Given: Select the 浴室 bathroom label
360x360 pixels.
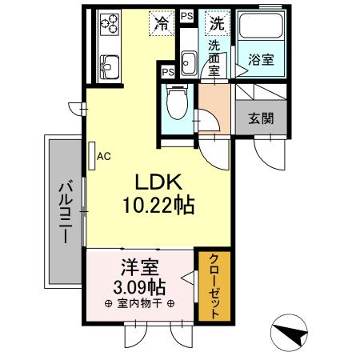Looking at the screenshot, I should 258,58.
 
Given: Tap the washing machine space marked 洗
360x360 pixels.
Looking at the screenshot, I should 217,23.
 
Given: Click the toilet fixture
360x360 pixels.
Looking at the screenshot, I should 175,102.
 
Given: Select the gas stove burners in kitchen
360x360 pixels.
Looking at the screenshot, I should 106,28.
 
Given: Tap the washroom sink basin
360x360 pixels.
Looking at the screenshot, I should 189,61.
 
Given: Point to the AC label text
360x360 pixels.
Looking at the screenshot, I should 104,157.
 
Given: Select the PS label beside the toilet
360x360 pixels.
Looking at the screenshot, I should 168,72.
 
